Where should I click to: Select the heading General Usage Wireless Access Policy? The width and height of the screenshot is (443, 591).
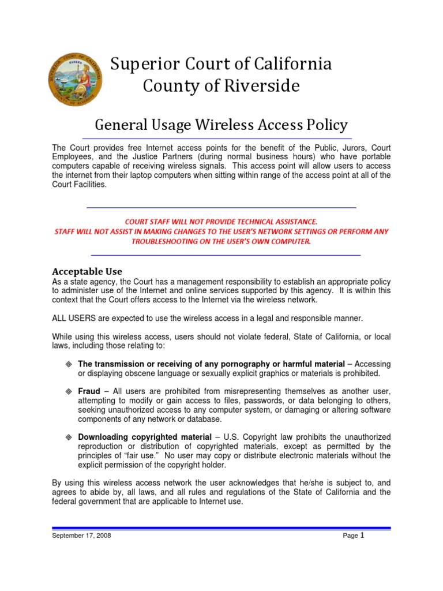[221, 125]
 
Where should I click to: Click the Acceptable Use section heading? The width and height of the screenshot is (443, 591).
[87, 271]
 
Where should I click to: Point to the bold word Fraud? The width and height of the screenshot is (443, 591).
[89, 391]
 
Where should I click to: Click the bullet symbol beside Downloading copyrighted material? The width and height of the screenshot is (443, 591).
[68, 437]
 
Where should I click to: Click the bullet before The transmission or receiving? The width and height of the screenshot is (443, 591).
[68, 364]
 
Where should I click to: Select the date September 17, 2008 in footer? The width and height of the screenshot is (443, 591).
[82, 536]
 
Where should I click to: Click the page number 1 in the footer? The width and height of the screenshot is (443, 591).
[363, 535]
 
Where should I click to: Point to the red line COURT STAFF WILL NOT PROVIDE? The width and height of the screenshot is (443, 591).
[221, 221]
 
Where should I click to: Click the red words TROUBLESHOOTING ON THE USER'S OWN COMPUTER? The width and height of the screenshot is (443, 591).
[221, 241]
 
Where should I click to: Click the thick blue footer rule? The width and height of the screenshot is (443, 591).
[221, 528]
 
